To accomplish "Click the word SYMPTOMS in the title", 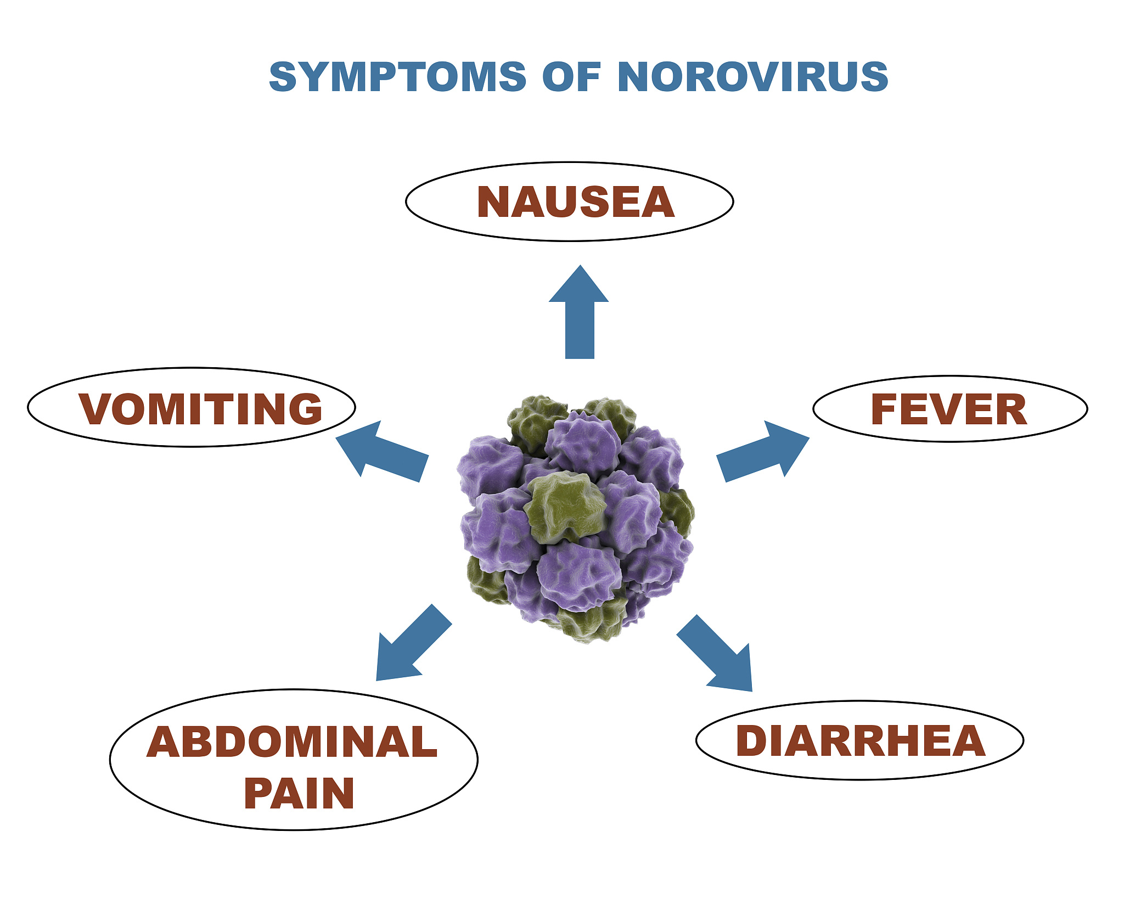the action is (x=398, y=77).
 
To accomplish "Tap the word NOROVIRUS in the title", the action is (x=753, y=77).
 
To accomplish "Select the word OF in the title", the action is (x=571, y=77).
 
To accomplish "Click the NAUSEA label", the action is (x=576, y=202).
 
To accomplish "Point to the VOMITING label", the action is (x=200, y=409).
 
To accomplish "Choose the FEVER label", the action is (x=949, y=409).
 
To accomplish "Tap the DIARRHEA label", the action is (x=860, y=741).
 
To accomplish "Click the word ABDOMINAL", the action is (x=292, y=742).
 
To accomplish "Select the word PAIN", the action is (x=299, y=794).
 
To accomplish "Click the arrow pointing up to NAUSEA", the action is (x=579, y=312).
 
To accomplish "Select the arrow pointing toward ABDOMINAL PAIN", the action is (x=414, y=643).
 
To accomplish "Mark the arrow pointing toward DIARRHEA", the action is (x=715, y=653).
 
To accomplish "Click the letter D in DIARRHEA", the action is (x=751, y=741).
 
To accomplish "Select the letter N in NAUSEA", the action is (x=493, y=202).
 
